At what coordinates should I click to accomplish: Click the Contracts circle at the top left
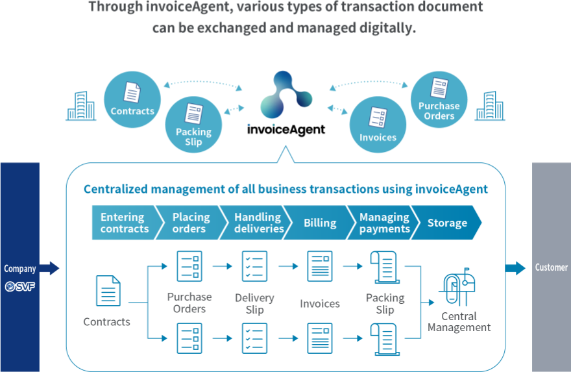(x=132, y=99)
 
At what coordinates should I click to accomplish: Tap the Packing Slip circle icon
(x=193, y=125)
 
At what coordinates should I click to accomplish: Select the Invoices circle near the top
(x=378, y=125)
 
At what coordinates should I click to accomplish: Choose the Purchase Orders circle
(x=439, y=99)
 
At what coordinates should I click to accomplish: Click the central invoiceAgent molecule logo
(x=285, y=97)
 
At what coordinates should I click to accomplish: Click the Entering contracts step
(x=123, y=223)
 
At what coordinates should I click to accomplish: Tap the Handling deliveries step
(x=258, y=223)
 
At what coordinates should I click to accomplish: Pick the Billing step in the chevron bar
(x=320, y=223)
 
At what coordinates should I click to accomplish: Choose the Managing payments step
(x=384, y=223)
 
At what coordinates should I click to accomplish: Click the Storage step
(x=447, y=223)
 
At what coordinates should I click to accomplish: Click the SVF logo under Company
(x=19, y=286)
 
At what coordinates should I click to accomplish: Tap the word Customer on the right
(x=551, y=267)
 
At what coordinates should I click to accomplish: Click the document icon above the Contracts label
(x=108, y=291)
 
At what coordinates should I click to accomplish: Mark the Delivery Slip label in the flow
(x=254, y=304)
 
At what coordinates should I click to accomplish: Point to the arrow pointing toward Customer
(x=516, y=267)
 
